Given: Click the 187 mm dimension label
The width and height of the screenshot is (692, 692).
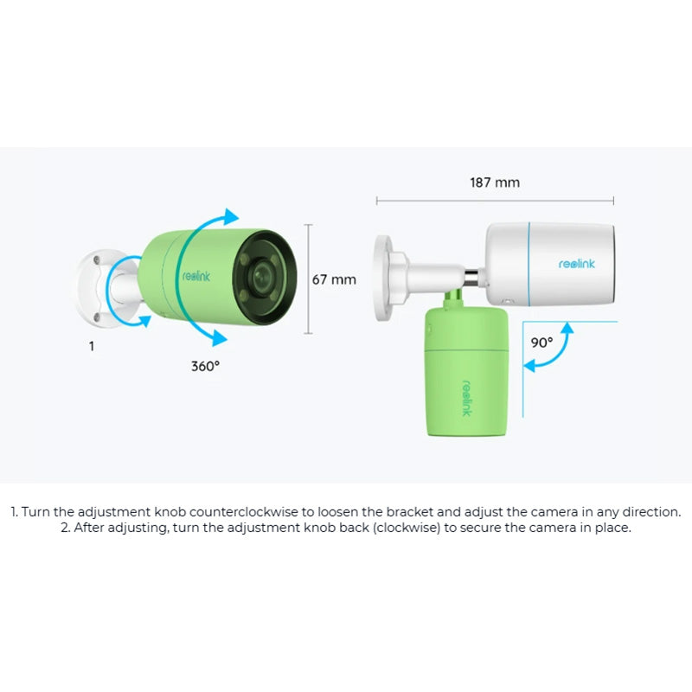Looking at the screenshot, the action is point(495,183).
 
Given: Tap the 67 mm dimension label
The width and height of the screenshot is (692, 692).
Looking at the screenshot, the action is point(334,279).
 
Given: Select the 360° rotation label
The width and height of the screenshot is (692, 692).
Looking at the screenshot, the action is point(205,366).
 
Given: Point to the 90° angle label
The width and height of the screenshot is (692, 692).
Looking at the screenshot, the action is point(541,343).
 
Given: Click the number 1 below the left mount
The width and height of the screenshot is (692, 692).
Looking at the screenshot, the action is point(92,346).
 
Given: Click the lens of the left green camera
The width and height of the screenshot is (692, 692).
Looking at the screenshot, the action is point(263,277).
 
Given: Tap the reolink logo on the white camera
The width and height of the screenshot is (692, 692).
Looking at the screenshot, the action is point(576,264).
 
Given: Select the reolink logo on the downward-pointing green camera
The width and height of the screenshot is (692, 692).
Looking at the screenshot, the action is point(467,398).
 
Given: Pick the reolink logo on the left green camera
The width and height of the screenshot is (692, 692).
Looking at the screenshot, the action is point(196,276).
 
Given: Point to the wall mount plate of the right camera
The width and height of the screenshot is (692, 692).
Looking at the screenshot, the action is point(383,278).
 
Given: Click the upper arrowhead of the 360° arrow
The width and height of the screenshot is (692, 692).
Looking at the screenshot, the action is point(231,216).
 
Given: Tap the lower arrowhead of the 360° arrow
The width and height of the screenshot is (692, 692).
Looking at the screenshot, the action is point(220,337).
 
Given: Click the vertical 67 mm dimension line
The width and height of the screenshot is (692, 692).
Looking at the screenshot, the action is point(309,279).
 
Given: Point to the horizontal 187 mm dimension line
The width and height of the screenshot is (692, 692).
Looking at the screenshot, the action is point(495,201).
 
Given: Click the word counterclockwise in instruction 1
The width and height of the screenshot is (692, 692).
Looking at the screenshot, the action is point(244,512).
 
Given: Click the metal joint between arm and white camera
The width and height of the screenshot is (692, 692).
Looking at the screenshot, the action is point(472,277).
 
